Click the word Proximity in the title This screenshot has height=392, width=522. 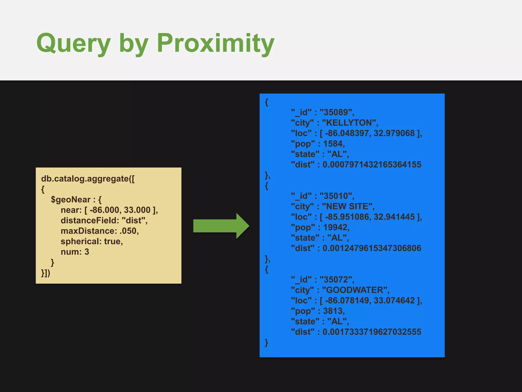coord(215,43)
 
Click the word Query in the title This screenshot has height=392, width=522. coord(74,43)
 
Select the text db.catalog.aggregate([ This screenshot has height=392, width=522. coord(88,179)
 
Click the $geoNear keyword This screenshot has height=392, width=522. coord(71,200)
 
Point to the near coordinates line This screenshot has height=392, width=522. coord(109,210)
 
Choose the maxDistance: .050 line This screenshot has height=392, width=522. coord(100,231)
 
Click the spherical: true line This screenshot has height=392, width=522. coord(92,241)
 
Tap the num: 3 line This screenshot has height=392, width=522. coord(75,252)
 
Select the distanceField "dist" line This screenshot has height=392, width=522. coord(104,220)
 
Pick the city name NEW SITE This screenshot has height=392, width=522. coord(347,206)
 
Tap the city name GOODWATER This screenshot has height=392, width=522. coord(355,290)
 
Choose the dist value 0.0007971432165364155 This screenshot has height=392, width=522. coord(372,165)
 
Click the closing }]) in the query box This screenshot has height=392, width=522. coord(46,273)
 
